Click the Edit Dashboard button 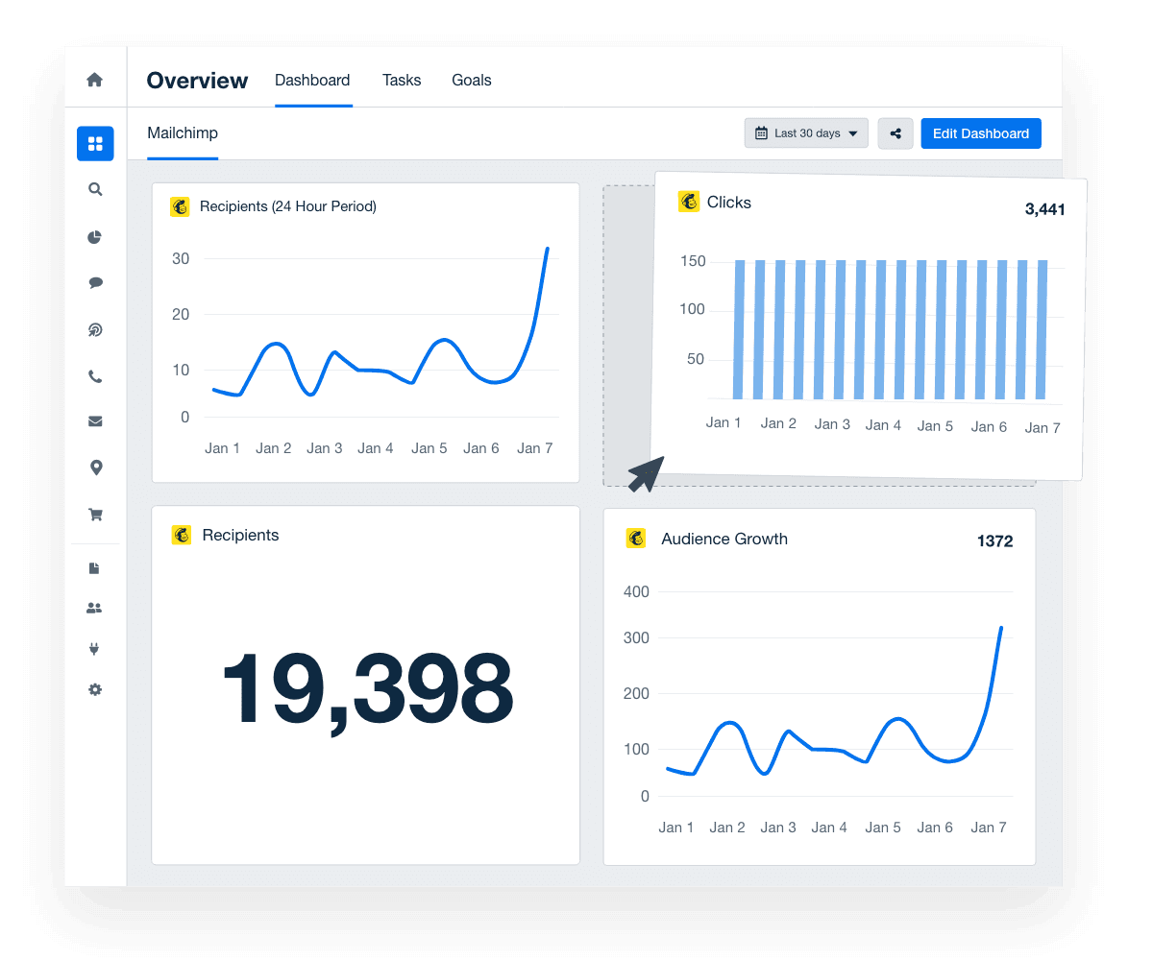pyautogui.click(x=980, y=133)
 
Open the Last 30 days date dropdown pyautogui.click(x=806, y=133)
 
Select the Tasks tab pyautogui.click(x=402, y=81)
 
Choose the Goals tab pyautogui.click(x=472, y=81)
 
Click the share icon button pyautogui.click(x=895, y=133)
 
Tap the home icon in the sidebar pyautogui.click(x=95, y=80)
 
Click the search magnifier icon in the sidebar pyautogui.click(x=95, y=190)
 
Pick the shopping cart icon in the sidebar pyautogui.click(x=95, y=515)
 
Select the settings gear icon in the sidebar pyautogui.click(x=95, y=689)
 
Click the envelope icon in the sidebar pyautogui.click(x=95, y=421)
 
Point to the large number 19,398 pyautogui.click(x=367, y=689)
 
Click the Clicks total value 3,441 pyautogui.click(x=1044, y=209)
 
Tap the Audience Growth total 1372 pyautogui.click(x=994, y=541)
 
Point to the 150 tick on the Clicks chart pyautogui.click(x=692, y=261)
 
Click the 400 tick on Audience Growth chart pyautogui.click(x=636, y=592)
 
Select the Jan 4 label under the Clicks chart pyautogui.click(x=883, y=425)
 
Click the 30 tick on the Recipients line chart pyautogui.click(x=180, y=259)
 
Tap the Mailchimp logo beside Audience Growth pyautogui.click(x=636, y=539)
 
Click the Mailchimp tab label pyautogui.click(x=183, y=132)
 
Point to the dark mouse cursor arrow pyautogui.click(x=644, y=473)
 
